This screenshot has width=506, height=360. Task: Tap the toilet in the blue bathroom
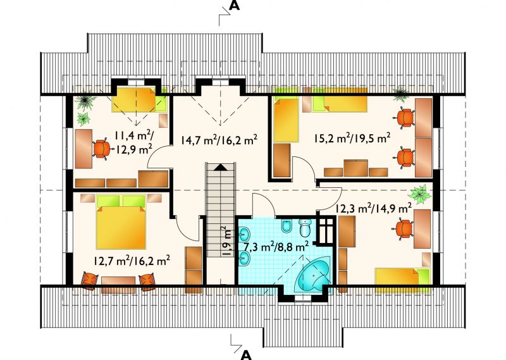[305, 228]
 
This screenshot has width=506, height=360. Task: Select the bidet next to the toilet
[286, 227]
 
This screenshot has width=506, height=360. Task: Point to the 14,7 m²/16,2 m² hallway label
[219, 140]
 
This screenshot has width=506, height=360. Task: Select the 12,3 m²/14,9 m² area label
[374, 209]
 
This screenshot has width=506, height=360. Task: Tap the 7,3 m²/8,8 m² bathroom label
[276, 247]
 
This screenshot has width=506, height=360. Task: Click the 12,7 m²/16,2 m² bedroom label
[132, 260]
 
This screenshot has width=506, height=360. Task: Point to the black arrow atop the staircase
[221, 167]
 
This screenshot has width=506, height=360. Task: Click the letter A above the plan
[235, 5]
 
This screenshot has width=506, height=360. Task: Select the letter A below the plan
[246, 355]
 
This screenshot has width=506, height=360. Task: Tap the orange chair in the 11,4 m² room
[102, 149]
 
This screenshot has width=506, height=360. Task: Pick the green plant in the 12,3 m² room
[419, 194]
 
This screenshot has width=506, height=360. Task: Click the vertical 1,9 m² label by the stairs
[228, 241]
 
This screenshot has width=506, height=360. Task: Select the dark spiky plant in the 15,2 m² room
[400, 94]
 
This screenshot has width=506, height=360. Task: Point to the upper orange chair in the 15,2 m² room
[404, 118]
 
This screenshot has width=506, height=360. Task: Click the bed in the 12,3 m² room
[402, 280]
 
